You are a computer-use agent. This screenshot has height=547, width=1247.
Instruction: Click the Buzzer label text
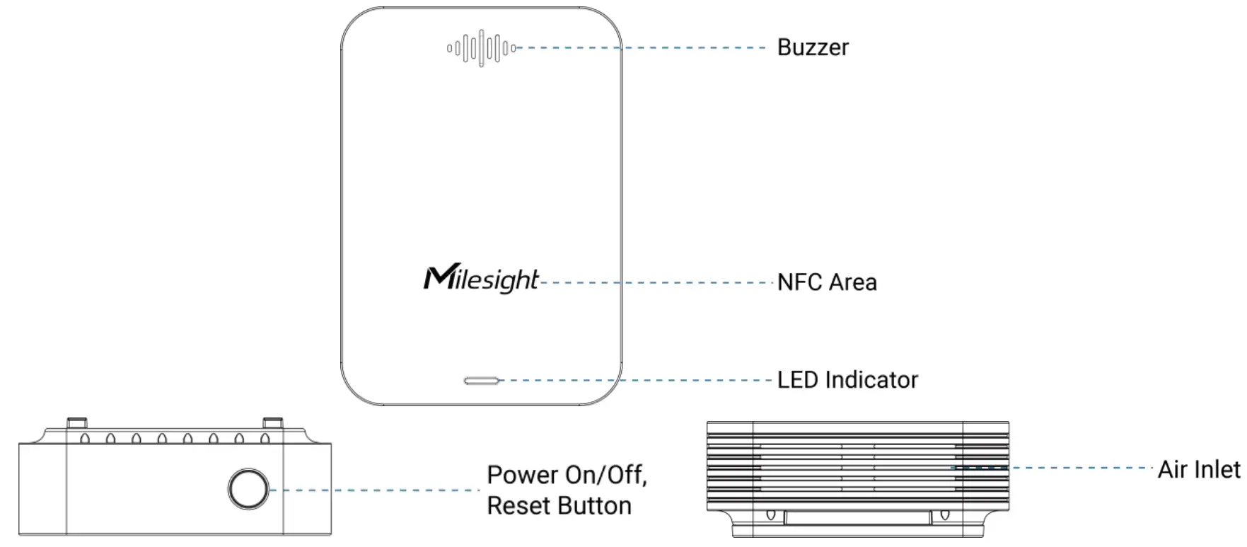pos(812,47)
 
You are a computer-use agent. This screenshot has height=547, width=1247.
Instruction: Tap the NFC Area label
pos(826,282)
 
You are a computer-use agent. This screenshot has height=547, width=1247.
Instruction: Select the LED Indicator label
pos(847,380)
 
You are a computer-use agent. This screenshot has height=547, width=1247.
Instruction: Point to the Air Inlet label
pos(1198,469)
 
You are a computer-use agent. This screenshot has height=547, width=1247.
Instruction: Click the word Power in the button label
pos(523,475)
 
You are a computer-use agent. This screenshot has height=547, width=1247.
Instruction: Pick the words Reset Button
pos(559,506)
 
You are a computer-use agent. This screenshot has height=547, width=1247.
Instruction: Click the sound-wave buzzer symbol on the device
pos(481,48)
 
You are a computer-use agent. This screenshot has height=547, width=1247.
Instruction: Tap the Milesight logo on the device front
pos(481,279)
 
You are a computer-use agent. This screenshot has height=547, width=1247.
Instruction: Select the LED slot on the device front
pos(481,381)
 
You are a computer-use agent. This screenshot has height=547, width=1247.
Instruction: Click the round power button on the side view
pos(248,488)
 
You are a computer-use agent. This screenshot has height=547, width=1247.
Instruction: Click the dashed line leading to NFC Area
pos(658,282)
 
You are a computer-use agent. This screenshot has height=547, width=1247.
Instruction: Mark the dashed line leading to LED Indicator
pos(637,380)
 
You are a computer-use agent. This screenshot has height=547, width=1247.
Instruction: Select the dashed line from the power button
pos(375,490)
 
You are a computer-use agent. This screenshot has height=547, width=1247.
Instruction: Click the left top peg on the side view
pos(77,423)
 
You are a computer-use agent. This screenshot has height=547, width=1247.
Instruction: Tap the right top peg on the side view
pos(273,423)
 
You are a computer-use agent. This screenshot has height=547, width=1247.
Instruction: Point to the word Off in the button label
pos(625,475)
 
